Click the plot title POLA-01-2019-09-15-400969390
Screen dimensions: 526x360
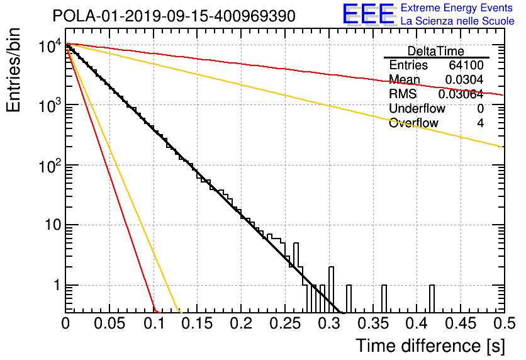coord(174,16)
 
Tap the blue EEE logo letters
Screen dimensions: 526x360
coord(368,14)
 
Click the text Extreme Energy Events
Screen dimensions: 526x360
coord(457,8)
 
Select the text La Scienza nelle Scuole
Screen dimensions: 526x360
coord(457,21)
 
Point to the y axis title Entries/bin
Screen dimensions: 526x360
coord(13,70)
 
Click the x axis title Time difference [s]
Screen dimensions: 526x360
coord(430,346)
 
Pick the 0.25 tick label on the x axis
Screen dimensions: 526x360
coord(285,323)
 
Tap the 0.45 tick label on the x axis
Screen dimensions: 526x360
coord(461,323)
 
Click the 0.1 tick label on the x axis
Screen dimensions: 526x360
coord(154,323)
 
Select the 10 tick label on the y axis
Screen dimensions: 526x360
coord(53,225)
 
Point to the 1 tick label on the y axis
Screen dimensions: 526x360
coord(57,285)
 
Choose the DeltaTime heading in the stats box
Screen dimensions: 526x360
coord(436,51)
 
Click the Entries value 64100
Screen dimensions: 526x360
coord(466,65)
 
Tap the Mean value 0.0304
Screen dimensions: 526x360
coord(464,79)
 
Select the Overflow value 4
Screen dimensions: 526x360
coord(480,123)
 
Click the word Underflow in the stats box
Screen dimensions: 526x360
coord(417,109)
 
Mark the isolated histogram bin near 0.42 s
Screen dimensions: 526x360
coord(432,298)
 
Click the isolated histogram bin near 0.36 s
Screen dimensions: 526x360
coord(384,298)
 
